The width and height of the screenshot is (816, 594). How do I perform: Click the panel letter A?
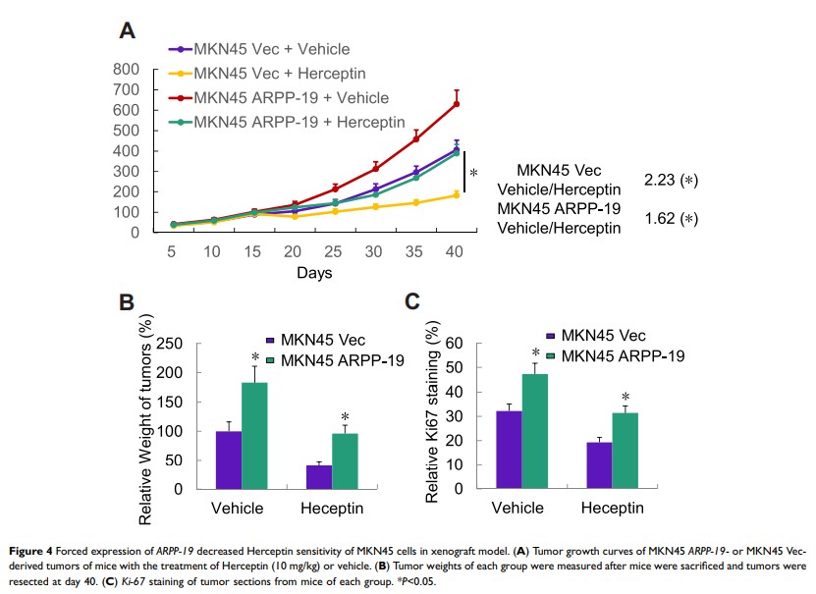(x=127, y=31)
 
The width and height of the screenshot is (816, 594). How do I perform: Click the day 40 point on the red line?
(x=456, y=103)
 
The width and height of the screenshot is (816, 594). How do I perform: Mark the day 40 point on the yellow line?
(x=456, y=194)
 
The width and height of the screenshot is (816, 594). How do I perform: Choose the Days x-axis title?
(x=315, y=270)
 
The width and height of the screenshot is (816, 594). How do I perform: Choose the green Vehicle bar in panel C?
(x=535, y=430)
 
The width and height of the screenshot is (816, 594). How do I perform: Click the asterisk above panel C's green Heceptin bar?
(x=625, y=398)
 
